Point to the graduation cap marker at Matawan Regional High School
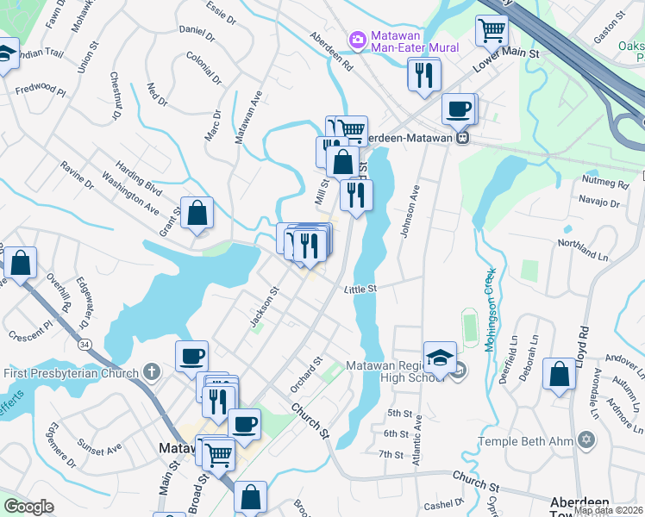440,358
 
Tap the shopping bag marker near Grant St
197,212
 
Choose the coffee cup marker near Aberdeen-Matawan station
458,109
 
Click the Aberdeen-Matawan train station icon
463,137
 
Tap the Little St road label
361,290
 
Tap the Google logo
28,506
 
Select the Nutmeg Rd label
607,184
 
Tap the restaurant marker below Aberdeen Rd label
423,75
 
